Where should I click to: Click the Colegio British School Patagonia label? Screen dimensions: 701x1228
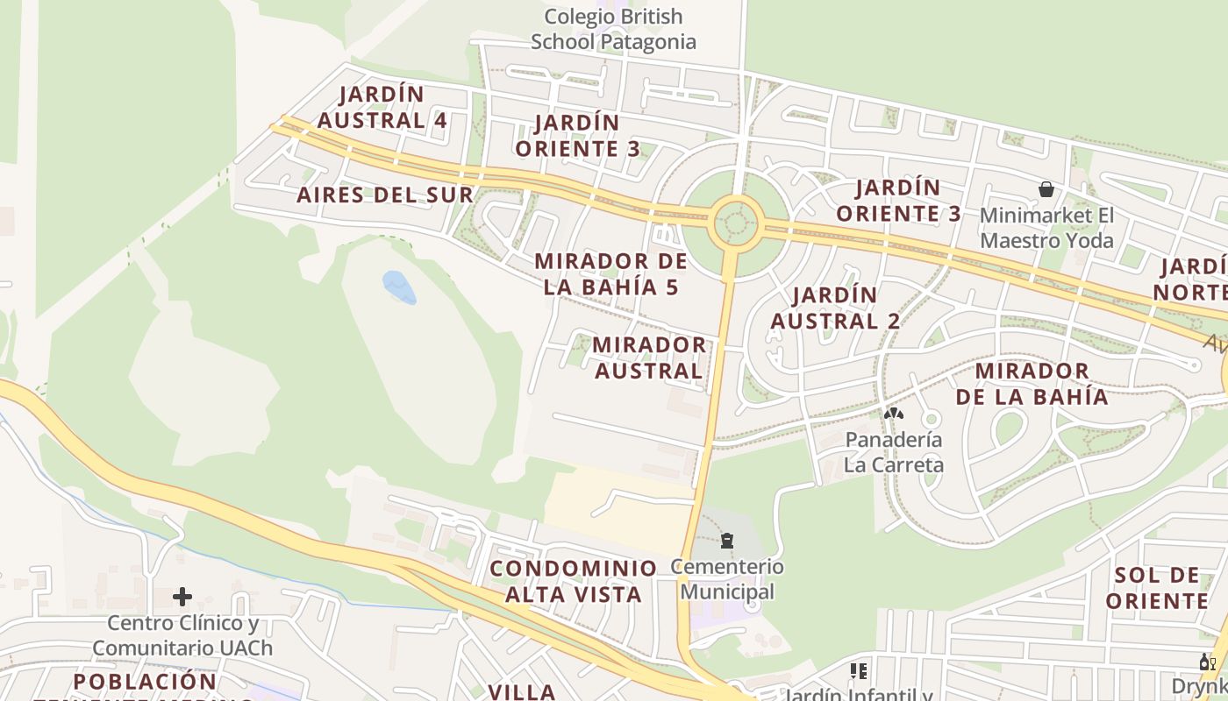(x=613, y=29)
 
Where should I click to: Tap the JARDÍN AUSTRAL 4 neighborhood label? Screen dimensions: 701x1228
(x=382, y=107)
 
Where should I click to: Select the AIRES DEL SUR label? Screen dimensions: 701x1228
(x=384, y=195)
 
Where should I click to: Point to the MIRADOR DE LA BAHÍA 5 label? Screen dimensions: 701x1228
(x=611, y=273)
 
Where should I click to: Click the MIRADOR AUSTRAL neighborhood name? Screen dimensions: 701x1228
(x=649, y=358)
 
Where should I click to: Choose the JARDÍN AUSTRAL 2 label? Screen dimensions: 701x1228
(x=835, y=308)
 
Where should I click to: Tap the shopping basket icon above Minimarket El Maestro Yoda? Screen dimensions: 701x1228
(x=1046, y=188)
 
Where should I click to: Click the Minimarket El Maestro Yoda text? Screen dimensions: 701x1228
(x=1046, y=228)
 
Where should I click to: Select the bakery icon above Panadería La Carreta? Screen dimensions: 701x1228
(x=893, y=414)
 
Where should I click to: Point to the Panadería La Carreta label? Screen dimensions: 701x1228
(x=893, y=451)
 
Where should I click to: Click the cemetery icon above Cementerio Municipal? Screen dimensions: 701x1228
(x=727, y=540)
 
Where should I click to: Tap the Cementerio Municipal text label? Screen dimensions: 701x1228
(x=727, y=579)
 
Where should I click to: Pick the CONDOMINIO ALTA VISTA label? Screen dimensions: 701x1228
(x=574, y=581)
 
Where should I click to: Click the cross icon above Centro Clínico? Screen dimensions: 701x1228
(x=182, y=597)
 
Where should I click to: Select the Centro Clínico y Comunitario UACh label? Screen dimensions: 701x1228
(x=182, y=635)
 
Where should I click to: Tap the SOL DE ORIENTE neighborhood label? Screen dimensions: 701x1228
(x=1157, y=588)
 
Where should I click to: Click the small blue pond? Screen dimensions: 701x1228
(x=399, y=287)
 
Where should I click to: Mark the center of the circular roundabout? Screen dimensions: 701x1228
(x=736, y=223)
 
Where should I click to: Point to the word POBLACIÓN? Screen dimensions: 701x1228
(x=145, y=681)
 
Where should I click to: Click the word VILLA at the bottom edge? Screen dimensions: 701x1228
(x=522, y=691)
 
